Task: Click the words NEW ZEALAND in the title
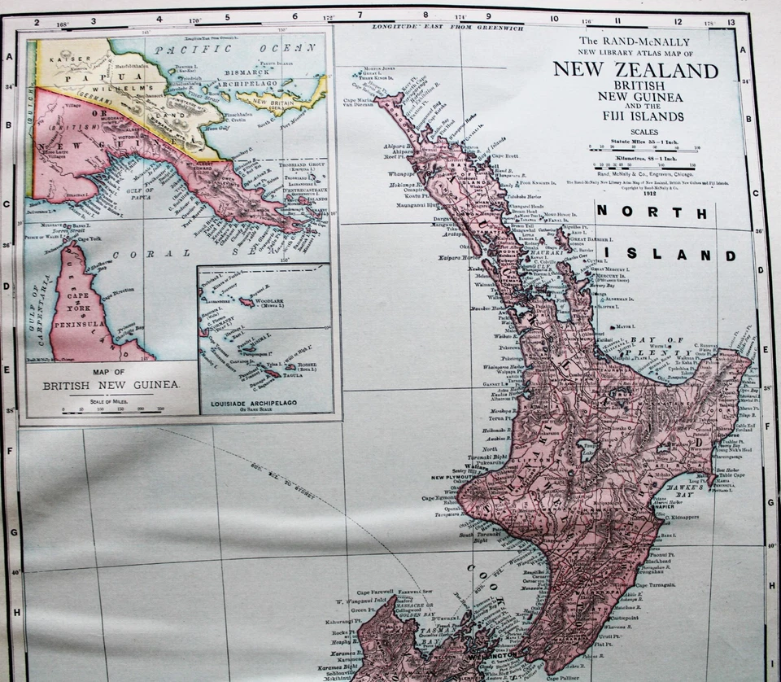tap(635, 70)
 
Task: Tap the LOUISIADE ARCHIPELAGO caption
tap(264, 403)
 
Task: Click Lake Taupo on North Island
tap(587, 450)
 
